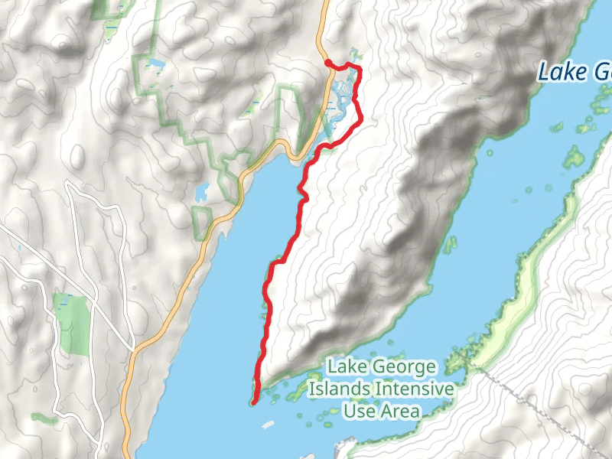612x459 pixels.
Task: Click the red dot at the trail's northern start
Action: pyautogui.click(x=327, y=63)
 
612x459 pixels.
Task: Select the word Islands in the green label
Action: pyautogui.click(x=339, y=389)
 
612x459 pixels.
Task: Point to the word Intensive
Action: pyautogui.click(x=413, y=389)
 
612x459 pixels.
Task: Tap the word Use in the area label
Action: pyautogui.click(x=358, y=412)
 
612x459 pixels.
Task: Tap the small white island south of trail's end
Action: pyautogui.click(x=268, y=423)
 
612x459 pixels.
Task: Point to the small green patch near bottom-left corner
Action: pyautogui.click(x=44, y=418)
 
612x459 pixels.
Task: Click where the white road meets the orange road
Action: pyautogui.click(x=134, y=350)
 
